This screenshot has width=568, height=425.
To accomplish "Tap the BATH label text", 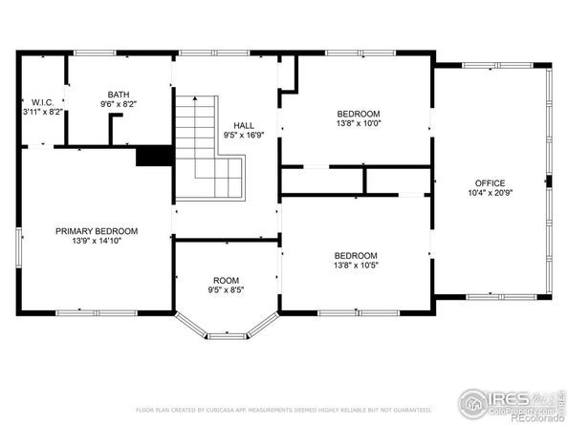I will click(x=118, y=94).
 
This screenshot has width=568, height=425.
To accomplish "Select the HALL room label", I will click(x=243, y=125).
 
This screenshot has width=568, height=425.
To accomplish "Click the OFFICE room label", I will click(x=491, y=183).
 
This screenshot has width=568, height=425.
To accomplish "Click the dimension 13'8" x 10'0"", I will click(x=359, y=122).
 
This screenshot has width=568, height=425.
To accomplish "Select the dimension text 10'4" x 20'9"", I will click(x=491, y=193).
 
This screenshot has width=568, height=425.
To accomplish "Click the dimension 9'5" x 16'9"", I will click(x=243, y=135).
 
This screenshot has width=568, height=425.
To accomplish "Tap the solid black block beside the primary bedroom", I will click(x=152, y=157).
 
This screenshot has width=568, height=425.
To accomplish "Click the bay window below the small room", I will click(x=226, y=327).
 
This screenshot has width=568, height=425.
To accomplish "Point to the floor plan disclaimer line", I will click(x=283, y=409).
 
